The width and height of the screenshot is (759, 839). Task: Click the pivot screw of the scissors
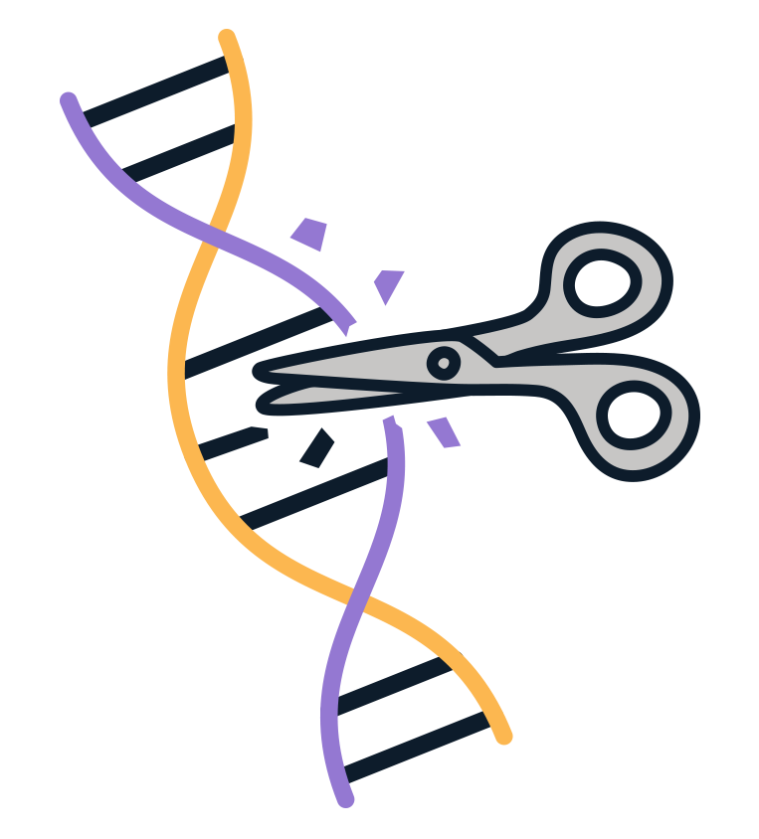coord(444,362)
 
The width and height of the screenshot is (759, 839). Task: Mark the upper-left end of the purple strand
coord(68,99)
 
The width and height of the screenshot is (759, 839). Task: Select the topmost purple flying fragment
coord(309,234)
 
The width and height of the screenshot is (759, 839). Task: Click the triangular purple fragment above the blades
coord(388,285)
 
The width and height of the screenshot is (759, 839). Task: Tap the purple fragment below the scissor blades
coord(444,432)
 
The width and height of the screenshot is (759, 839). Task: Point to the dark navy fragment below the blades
coord(317,449)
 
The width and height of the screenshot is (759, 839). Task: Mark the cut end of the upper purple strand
coord(347,323)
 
